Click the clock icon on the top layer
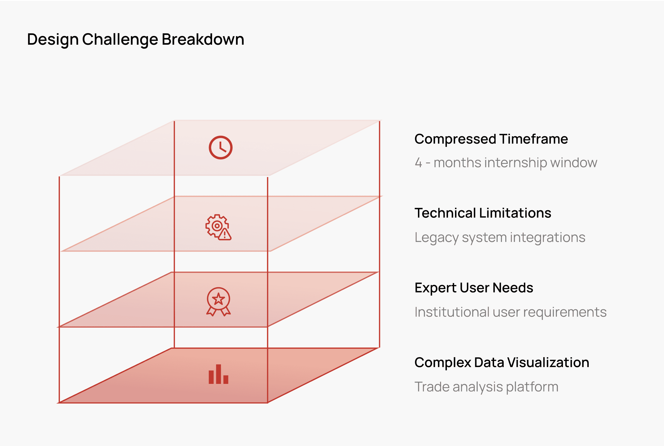click(220, 148)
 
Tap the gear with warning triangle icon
click(218, 227)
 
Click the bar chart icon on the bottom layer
click(218, 374)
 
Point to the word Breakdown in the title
click(203, 39)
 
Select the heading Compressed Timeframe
click(491, 139)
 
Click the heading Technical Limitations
click(483, 213)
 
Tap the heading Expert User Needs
click(474, 288)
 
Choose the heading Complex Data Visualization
click(502, 362)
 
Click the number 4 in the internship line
click(418, 163)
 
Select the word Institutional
click(452, 312)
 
